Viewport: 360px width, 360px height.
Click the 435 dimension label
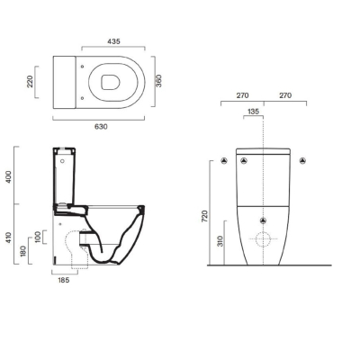tap(113, 41)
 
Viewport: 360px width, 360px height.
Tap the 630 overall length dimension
tap(101, 127)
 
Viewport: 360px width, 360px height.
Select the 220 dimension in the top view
tap(31, 82)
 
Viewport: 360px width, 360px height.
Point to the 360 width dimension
tap(159, 81)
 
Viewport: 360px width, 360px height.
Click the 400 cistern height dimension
tap(8, 177)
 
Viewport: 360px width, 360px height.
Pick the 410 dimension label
tap(8, 238)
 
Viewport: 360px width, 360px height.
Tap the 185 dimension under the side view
tap(63, 280)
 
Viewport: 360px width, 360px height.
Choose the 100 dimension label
tap(38, 238)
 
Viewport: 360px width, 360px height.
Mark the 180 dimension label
tap(23, 251)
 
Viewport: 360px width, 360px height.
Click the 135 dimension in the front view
tap(253, 112)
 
